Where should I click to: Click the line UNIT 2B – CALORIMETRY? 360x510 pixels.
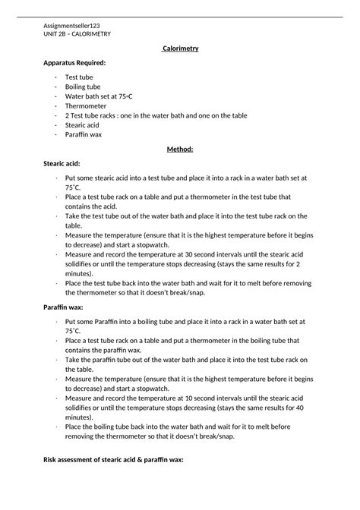click(77, 34)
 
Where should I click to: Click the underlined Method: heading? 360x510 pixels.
click(180, 149)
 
